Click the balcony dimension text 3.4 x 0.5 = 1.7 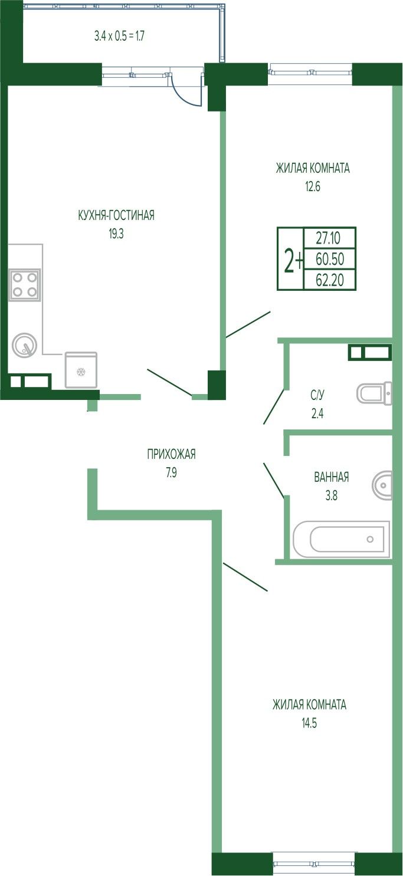[120, 37]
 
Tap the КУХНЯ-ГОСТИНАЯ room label [116, 215]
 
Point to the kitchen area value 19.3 [116, 234]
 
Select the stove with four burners [25, 285]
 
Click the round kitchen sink [25, 345]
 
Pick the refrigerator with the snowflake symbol [81, 369]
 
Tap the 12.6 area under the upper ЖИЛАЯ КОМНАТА [313, 186]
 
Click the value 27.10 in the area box [328, 238]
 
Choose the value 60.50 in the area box [330, 258]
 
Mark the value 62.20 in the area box [330, 280]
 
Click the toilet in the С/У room [374, 393]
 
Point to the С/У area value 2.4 [317, 414]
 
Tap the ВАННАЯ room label [332, 477]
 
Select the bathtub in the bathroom [341, 540]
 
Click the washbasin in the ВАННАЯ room [382, 485]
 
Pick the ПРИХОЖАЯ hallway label [171, 454]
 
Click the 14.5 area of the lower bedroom [309, 723]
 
